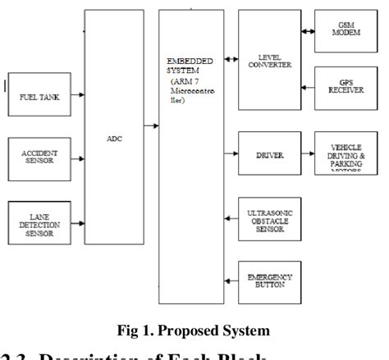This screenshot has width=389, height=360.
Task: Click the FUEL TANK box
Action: pos(34,97)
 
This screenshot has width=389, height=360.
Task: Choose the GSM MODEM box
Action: pos(346,31)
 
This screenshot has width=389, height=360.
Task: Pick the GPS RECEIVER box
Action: pos(346,87)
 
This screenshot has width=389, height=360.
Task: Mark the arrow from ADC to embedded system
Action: pos(152,125)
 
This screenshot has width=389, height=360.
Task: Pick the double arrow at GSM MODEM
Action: pos(309,32)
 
